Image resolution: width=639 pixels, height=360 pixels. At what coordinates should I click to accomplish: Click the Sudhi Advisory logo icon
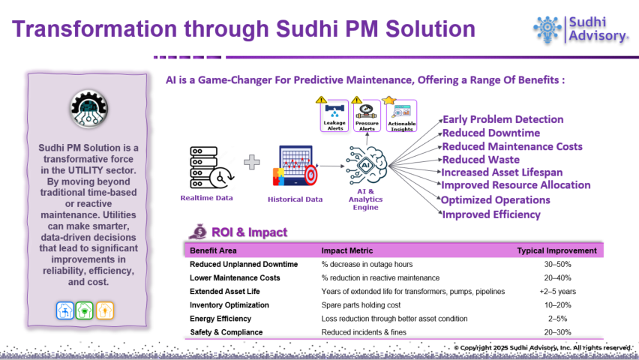click(x=547, y=29)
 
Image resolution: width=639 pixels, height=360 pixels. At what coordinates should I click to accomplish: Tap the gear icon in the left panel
click(x=88, y=109)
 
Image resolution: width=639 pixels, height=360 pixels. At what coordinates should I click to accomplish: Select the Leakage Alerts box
click(x=334, y=115)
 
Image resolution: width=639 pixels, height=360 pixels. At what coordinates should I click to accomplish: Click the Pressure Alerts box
click(x=367, y=115)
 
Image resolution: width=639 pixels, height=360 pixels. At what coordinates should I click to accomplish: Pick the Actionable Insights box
click(x=402, y=115)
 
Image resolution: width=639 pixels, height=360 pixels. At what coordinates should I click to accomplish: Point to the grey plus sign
click(x=252, y=162)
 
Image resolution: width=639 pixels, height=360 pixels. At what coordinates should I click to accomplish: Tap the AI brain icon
click(x=366, y=165)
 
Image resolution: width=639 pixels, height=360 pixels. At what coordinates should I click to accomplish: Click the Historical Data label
click(x=295, y=199)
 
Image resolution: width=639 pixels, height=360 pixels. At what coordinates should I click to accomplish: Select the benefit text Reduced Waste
click(x=481, y=160)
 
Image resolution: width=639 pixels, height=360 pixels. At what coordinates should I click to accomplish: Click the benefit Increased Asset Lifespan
click(x=502, y=172)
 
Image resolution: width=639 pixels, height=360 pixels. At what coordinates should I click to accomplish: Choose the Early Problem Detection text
click(x=503, y=119)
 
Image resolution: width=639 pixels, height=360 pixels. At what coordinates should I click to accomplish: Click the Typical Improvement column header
click(x=556, y=250)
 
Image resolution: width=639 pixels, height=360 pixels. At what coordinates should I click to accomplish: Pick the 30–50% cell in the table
click(x=557, y=264)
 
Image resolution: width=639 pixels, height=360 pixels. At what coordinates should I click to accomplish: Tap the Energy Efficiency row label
click(x=220, y=319)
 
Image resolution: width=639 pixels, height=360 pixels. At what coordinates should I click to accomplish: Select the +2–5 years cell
click(x=557, y=292)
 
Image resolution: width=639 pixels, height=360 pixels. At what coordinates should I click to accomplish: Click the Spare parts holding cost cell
click(x=361, y=305)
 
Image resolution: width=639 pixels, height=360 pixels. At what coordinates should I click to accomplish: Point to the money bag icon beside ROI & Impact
click(x=198, y=232)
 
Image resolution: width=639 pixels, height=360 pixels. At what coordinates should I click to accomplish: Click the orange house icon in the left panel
click(x=105, y=310)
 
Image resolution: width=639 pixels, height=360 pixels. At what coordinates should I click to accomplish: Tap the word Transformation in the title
click(x=94, y=29)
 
